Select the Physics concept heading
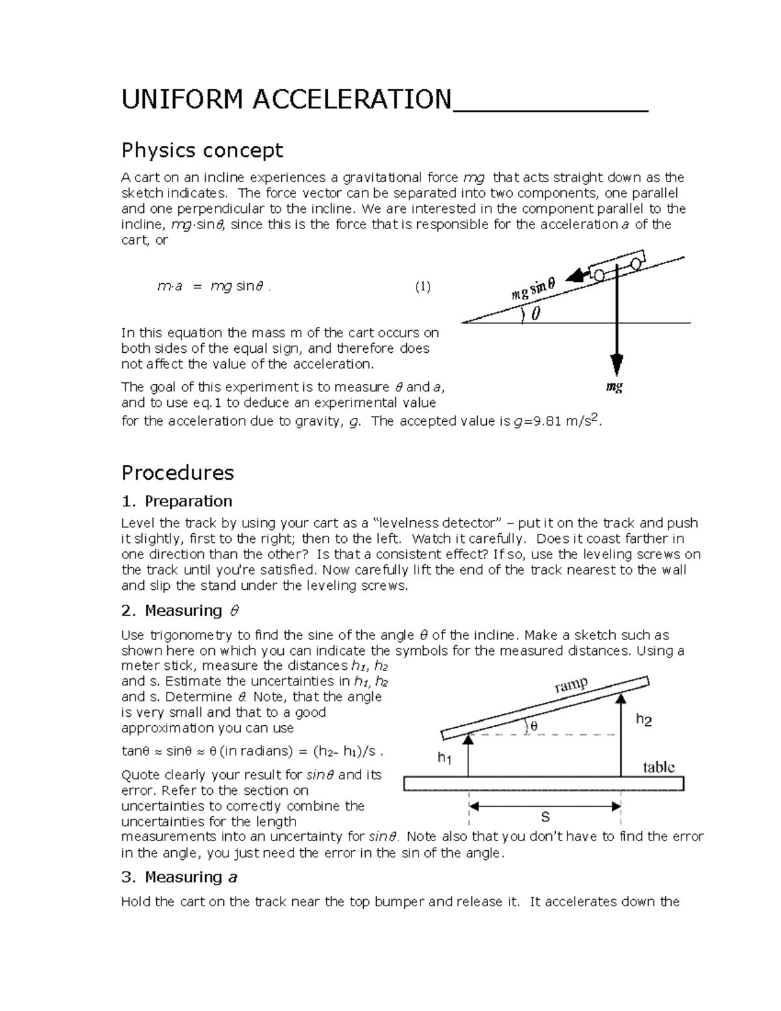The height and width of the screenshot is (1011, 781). click(x=202, y=150)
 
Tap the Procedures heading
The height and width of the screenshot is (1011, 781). click(x=177, y=472)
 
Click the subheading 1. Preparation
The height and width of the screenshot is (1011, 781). click(x=176, y=501)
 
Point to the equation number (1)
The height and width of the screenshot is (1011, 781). click(x=423, y=286)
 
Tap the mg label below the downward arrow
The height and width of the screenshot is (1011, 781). click(x=614, y=387)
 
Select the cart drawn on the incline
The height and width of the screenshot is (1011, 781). click(x=617, y=265)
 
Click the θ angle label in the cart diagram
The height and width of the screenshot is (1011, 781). click(x=535, y=315)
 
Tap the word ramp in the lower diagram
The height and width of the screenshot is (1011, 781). click(x=571, y=685)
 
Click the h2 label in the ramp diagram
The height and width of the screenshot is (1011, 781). click(x=644, y=720)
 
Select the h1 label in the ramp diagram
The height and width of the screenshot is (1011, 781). click(x=445, y=758)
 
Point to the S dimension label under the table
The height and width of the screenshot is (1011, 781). click(x=545, y=818)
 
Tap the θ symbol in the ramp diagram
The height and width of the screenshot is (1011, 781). click(x=534, y=726)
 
